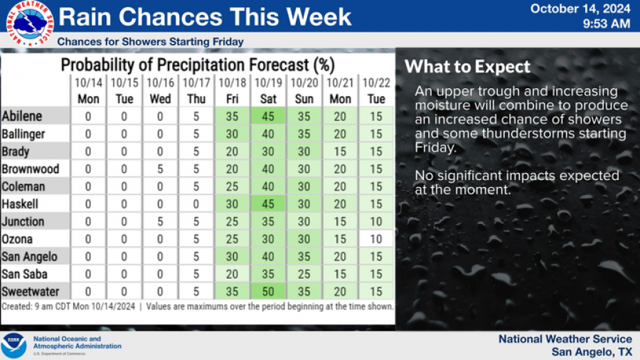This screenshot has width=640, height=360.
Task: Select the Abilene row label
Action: point(22,116)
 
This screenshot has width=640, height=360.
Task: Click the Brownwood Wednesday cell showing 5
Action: point(160,169)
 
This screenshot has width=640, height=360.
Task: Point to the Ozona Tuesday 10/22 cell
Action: point(375,239)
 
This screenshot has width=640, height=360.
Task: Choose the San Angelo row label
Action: point(29,257)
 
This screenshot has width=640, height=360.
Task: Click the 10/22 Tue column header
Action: point(375,91)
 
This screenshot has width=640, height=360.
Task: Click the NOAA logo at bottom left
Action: point(14,346)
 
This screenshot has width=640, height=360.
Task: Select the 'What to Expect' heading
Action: point(467,67)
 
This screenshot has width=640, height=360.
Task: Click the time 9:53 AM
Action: point(606,24)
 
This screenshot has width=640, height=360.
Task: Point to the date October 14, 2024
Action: point(580,9)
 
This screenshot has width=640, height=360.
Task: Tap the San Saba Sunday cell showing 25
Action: point(304,274)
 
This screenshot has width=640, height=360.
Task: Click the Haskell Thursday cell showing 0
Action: point(196,204)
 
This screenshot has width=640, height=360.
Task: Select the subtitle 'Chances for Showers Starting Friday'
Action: point(150,42)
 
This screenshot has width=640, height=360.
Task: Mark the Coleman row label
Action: point(23,186)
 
